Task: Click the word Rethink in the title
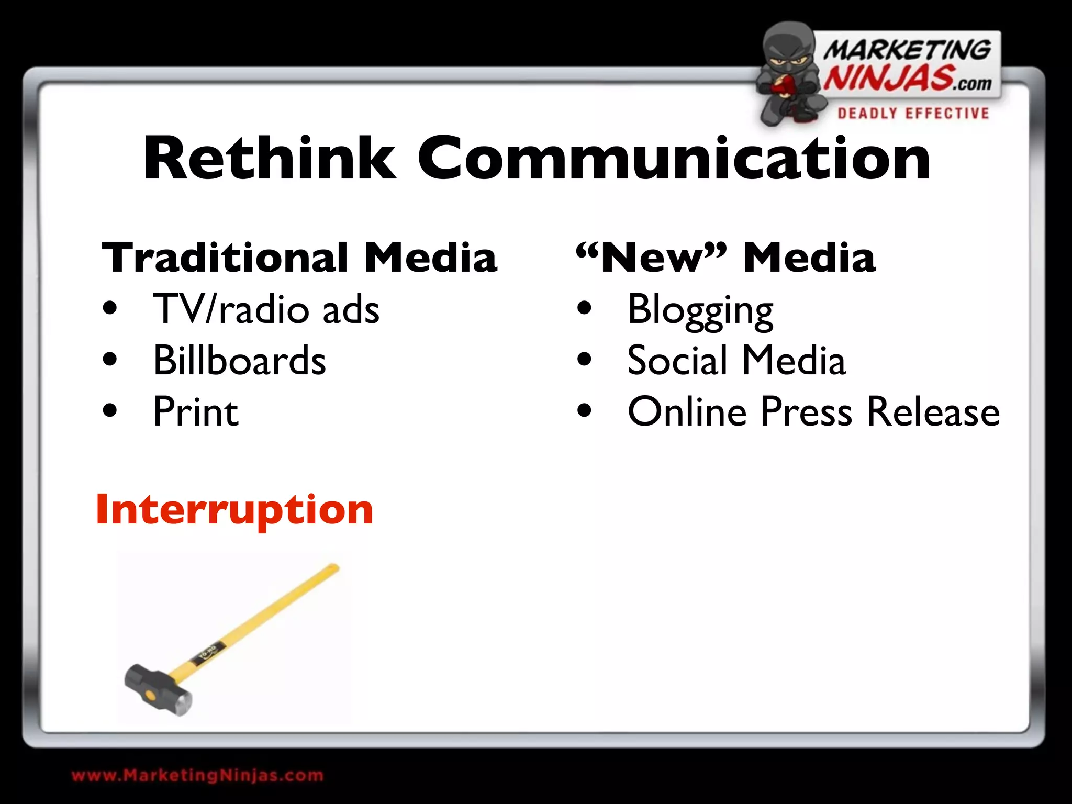click(270, 159)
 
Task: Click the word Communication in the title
click(673, 159)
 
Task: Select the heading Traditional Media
click(299, 258)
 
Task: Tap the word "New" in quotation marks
click(651, 258)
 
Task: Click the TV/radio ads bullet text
click(266, 309)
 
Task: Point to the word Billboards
click(239, 360)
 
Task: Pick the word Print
click(196, 412)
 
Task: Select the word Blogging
click(700, 310)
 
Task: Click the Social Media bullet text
click(736, 360)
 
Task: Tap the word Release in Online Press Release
click(933, 412)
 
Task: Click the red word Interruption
click(234, 509)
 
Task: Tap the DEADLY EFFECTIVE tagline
click(913, 114)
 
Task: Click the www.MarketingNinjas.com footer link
click(197, 775)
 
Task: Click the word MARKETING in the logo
click(907, 50)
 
